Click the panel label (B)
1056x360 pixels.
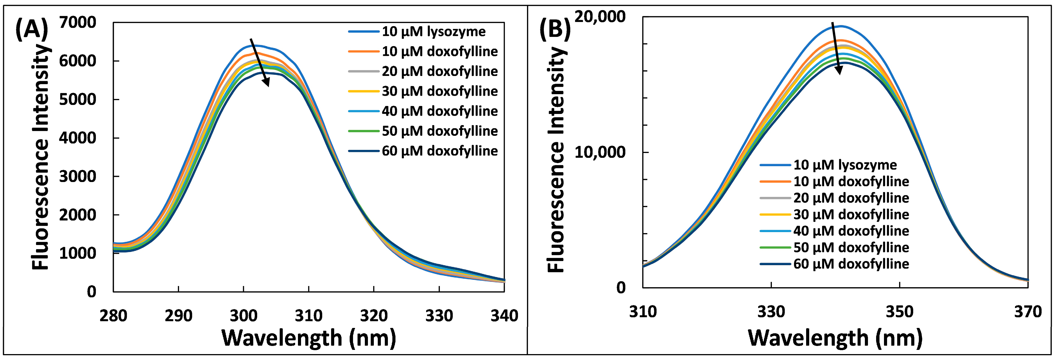[x=555, y=30]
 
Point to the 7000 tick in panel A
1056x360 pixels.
[x=78, y=22]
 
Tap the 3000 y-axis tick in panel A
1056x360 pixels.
[x=78, y=176]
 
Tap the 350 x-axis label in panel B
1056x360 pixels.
[x=899, y=312]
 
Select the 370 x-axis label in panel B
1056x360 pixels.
[x=1028, y=312]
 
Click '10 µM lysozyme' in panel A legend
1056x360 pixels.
[x=433, y=31]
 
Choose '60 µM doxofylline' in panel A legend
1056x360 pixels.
[x=439, y=151]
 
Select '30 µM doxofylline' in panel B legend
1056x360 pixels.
[x=851, y=214]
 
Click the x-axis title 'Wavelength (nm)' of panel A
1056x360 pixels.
[x=308, y=338]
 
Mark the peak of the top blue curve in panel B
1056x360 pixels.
[x=840, y=26]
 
